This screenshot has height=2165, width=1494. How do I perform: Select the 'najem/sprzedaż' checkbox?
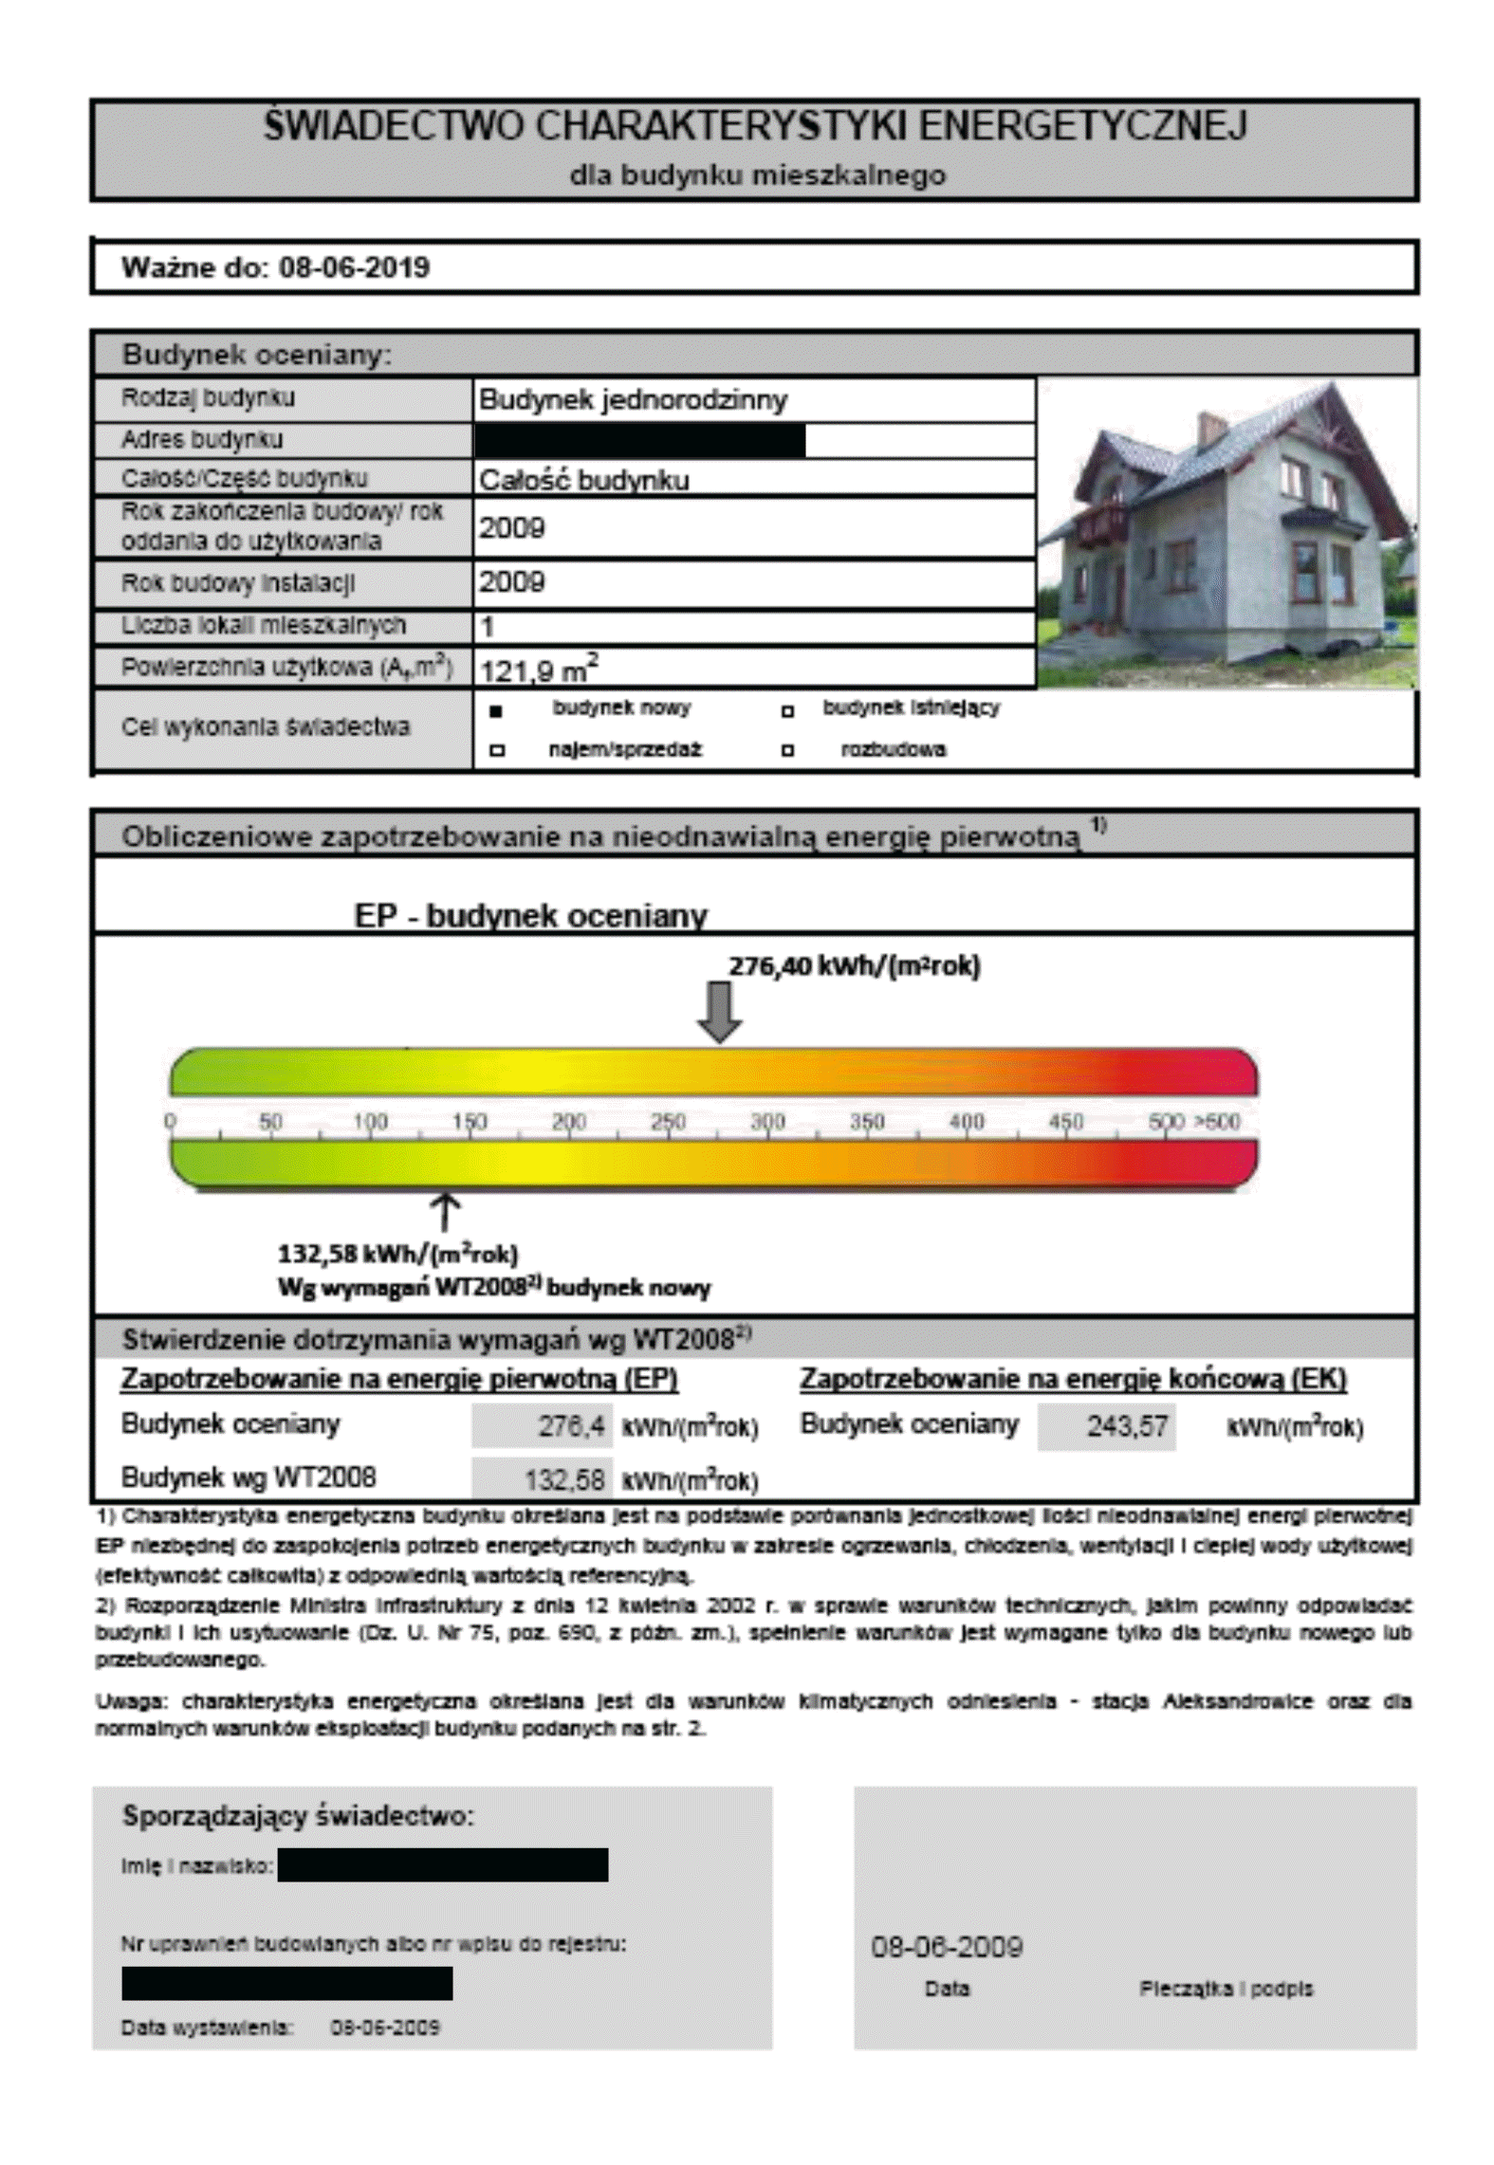point(496,751)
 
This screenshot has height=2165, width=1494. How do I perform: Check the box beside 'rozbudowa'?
point(786,751)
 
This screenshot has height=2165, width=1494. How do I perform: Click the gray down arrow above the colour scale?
point(719,1012)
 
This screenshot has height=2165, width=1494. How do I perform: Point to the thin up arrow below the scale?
point(445,1213)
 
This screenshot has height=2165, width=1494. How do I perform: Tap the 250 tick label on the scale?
point(668,1122)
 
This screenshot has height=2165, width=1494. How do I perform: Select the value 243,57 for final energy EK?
point(1126,1426)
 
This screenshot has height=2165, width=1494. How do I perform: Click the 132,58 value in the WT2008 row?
point(563,1479)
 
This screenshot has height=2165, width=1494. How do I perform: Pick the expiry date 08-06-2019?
point(354,267)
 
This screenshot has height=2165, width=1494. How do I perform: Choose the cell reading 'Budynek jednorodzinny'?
point(633,400)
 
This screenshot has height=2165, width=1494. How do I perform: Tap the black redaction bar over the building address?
point(639,440)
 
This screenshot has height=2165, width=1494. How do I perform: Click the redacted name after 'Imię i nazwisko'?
point(443,1864)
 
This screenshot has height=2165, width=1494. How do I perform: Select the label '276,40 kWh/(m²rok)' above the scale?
point(854,966)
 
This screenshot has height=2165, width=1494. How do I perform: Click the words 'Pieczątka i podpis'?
point(1226,1989)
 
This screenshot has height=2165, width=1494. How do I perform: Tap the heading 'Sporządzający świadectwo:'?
point(297,1816)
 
